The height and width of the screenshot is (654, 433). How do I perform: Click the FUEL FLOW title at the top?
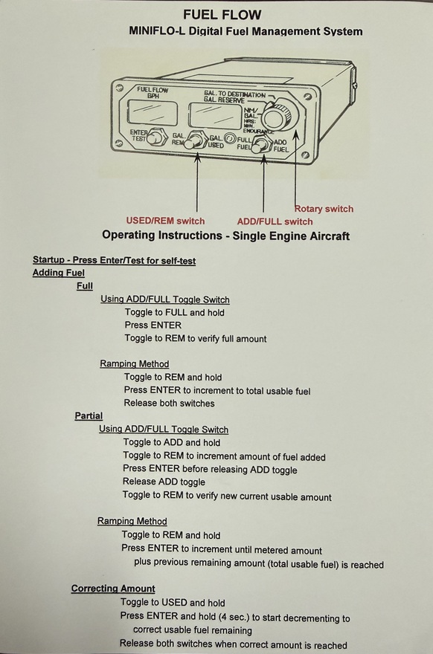[222, 15]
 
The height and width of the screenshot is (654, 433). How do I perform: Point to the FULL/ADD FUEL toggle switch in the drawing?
[262, 144]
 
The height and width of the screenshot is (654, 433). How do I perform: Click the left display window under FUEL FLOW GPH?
[152, 112]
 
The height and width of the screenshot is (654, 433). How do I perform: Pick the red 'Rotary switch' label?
[324, 209]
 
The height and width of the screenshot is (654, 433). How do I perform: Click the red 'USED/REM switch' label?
[165, 221]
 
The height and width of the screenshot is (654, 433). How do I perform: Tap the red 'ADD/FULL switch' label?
[275, 221]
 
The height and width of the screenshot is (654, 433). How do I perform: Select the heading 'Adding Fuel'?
[59, 273]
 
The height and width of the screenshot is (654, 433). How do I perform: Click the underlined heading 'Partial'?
[89, 416]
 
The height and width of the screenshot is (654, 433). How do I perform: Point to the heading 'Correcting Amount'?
[113, 589]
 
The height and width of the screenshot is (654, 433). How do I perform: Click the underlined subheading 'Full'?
[85, 286]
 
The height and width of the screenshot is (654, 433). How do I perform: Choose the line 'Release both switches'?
[169, 404]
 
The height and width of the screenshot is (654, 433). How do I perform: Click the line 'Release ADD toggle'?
[164, 482]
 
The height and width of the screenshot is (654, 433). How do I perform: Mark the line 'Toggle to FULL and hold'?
[175, 312]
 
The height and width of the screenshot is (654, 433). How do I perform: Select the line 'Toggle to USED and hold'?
[173, 602]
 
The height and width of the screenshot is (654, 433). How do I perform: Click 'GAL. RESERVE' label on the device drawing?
[224, 100]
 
